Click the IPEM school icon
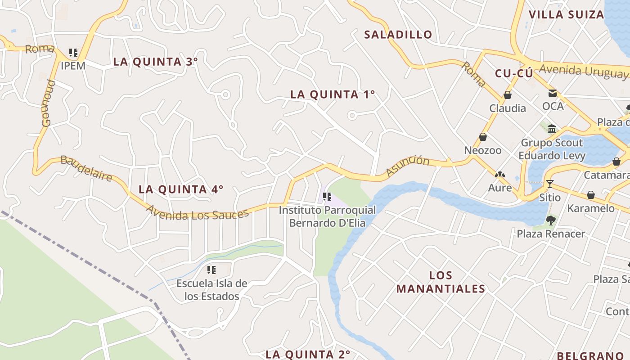73,53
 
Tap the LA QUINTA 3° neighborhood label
155,62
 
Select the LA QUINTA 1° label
333,94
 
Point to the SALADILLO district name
398,34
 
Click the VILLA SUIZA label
566,14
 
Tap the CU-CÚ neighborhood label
514,73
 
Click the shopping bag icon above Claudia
508,95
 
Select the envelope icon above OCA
552,93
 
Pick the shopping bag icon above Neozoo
483,137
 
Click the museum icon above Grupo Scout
552,129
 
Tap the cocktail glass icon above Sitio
549,184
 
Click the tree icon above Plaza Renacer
550,220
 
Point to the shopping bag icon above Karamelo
590,195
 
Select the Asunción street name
408,166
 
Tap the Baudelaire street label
86,168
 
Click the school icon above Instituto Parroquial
327,197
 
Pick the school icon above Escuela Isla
211,270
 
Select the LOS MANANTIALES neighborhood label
441,282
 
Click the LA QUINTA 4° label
181,189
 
